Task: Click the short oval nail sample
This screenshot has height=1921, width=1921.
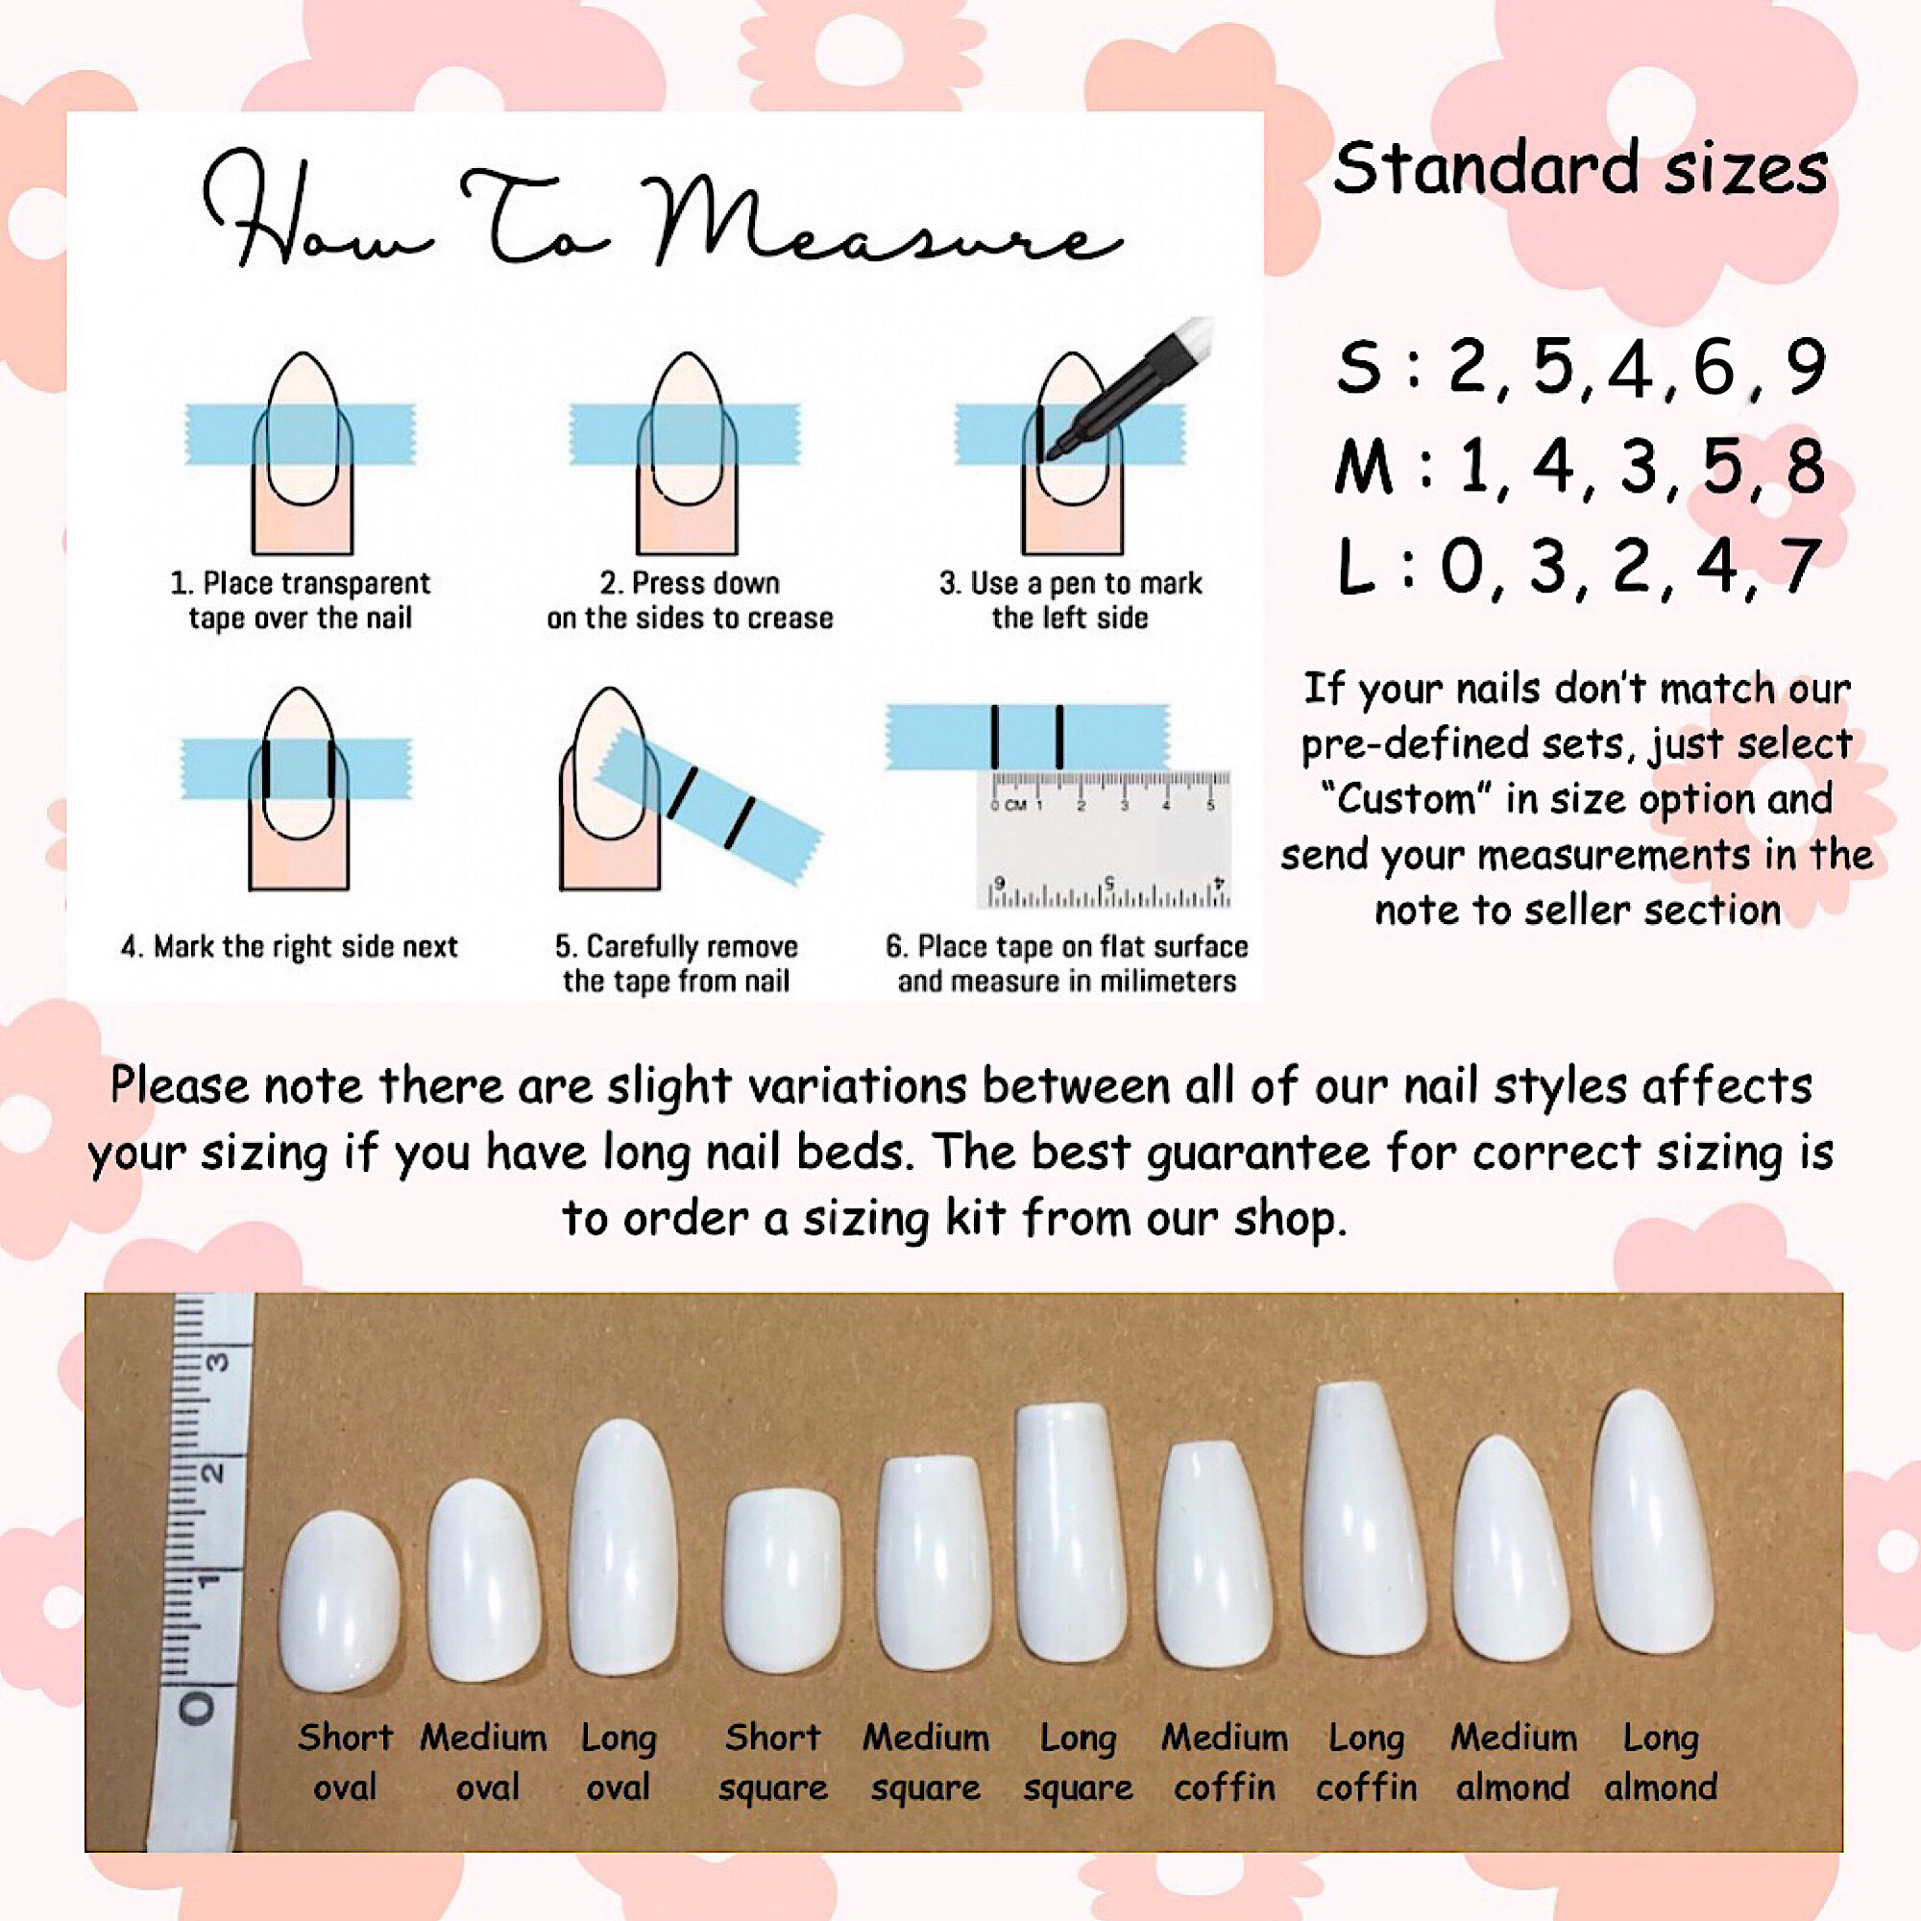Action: [340, 1600]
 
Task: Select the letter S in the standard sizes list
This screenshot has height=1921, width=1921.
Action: [1359, 367]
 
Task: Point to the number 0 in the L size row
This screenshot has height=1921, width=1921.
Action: [1463, 566]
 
